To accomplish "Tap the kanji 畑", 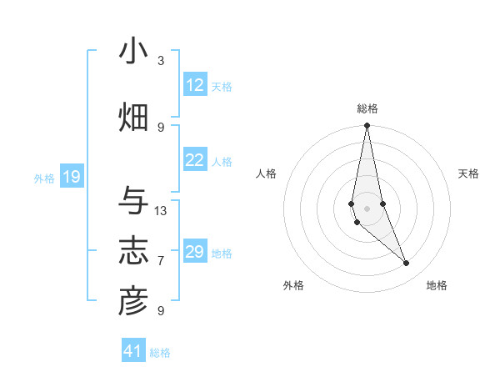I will pyautogui.click(x=133, y=117).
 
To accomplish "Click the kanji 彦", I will pyautogui.click(x=133, y=301).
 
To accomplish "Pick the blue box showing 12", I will pyautogui.click(x=195, y=85).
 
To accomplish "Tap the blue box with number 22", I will pyautogui.click(x=195, y=161).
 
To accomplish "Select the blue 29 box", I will pyautogui.click(x=195, y=252).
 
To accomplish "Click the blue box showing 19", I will pyautogui.click(x=72, y=177).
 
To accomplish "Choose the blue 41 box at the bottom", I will pyautogui.click(x=133, y=351).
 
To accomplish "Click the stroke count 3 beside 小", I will pyautogui.click(x=161, y=60).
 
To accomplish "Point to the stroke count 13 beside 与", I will pyautogui.click(x=161, y=210).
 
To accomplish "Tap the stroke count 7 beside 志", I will pyautogui.click(x=161, y=260).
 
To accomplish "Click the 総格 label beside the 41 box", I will pyautogui.click(x=160, y=353).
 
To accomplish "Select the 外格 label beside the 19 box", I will pyautogui.click(x=44, y=178).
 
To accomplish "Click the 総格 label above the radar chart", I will pyautogui.click(x=367, y=108).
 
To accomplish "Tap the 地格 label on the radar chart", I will pyautogui.click(x=437, y=285).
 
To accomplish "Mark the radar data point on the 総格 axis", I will pyautogui.click(x=367, y=126).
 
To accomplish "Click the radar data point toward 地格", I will pyautogui.click(x=407, y=264).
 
